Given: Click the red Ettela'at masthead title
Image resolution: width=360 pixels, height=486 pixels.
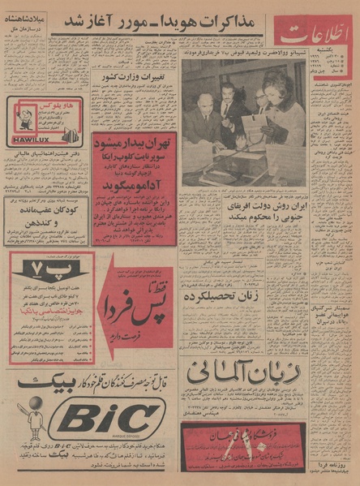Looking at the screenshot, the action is [315, 36].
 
